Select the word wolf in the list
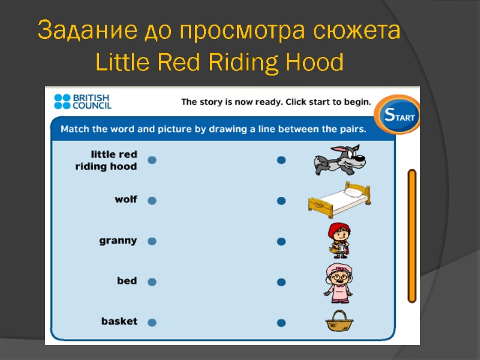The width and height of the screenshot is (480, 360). point(126,200)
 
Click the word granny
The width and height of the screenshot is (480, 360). point(118,241)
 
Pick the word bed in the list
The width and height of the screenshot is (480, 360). point(127,281)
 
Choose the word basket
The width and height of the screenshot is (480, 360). point(119,322)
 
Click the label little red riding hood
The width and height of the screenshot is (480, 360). point(106,160)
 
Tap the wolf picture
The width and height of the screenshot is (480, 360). point(338,160)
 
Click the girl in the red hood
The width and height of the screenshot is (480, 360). point(338,239)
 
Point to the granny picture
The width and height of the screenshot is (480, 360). point(338,281)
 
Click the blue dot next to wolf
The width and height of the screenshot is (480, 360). point(152,201)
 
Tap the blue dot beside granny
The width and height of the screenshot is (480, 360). point(152,241)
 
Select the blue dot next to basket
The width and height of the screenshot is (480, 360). point(152,322)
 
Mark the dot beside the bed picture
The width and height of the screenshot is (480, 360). point(281,201)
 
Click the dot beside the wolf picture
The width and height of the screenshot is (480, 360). point(281,160)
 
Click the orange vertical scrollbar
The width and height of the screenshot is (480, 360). point(412,236)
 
